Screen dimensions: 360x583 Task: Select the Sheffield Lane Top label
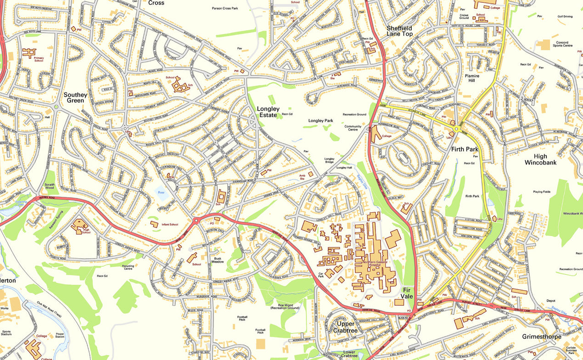[399, 31]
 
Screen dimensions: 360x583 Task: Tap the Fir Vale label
[407, 293]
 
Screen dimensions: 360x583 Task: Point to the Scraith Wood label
[50, 186]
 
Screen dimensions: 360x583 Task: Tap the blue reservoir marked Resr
[161, 195]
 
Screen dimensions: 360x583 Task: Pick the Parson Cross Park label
[225, 8]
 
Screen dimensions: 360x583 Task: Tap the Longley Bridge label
[330, 161]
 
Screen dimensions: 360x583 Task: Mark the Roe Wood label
[286, 306]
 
